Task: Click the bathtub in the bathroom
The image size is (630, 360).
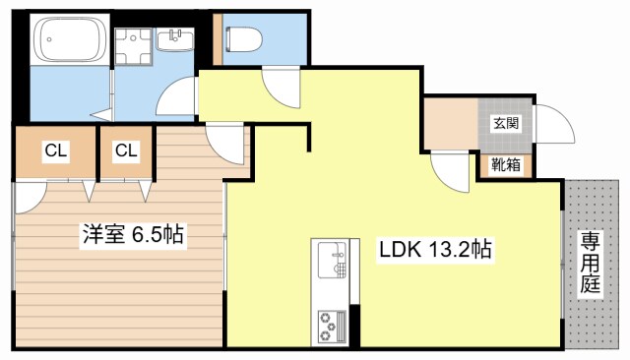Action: (70, 39)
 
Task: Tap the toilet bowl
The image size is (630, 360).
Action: (244, 39)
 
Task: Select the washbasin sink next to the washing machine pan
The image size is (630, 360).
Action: (175, 39)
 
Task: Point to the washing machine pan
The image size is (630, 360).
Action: (133, 46)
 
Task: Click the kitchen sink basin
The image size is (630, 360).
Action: (332, 260)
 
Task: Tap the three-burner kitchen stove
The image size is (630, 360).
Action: (332, 326)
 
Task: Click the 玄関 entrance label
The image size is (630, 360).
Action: (506, 123)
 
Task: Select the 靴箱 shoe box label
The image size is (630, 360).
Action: (506, 164)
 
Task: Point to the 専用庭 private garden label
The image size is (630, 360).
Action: (590, 262)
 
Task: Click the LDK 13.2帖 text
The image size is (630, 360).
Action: (435, 249)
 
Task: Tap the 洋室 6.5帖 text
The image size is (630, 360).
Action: (133, 234)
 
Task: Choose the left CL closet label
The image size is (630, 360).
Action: (55, 150)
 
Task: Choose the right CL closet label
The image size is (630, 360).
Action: (126, 150)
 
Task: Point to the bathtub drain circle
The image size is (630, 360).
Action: (49, 39)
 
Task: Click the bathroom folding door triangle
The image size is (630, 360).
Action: (103, 114)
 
